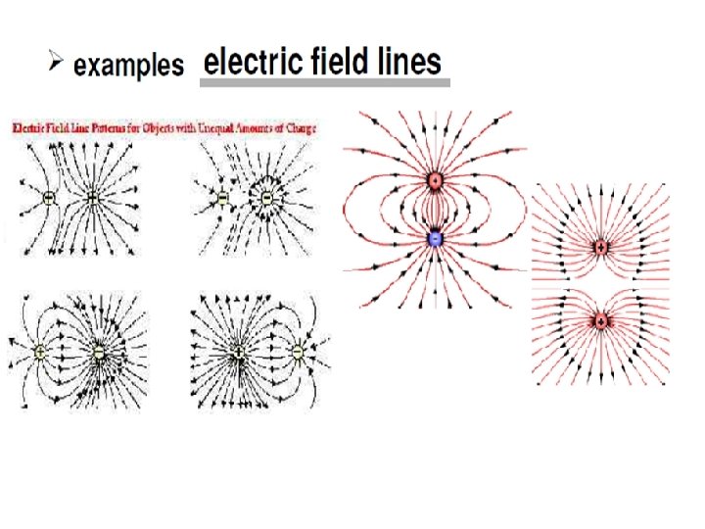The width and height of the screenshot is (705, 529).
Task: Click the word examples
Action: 128,66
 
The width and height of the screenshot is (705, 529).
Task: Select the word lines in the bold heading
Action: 408,63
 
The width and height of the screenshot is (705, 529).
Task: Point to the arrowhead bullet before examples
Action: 57,64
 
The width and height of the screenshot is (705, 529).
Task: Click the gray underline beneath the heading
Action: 324,84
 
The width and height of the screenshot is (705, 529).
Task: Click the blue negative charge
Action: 436,238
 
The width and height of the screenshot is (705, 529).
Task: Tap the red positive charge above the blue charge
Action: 436,180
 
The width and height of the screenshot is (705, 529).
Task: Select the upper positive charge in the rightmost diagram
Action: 601,247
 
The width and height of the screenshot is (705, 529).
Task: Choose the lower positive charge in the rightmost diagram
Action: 601,320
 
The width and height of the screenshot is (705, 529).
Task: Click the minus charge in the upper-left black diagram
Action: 49,198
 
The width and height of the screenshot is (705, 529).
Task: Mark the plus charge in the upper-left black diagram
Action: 92,198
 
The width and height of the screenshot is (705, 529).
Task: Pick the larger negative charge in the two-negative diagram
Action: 265,198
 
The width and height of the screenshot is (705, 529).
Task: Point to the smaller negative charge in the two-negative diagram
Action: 222,198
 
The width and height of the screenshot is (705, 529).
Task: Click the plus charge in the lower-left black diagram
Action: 40,352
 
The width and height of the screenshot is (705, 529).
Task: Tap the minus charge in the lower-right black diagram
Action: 298,352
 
